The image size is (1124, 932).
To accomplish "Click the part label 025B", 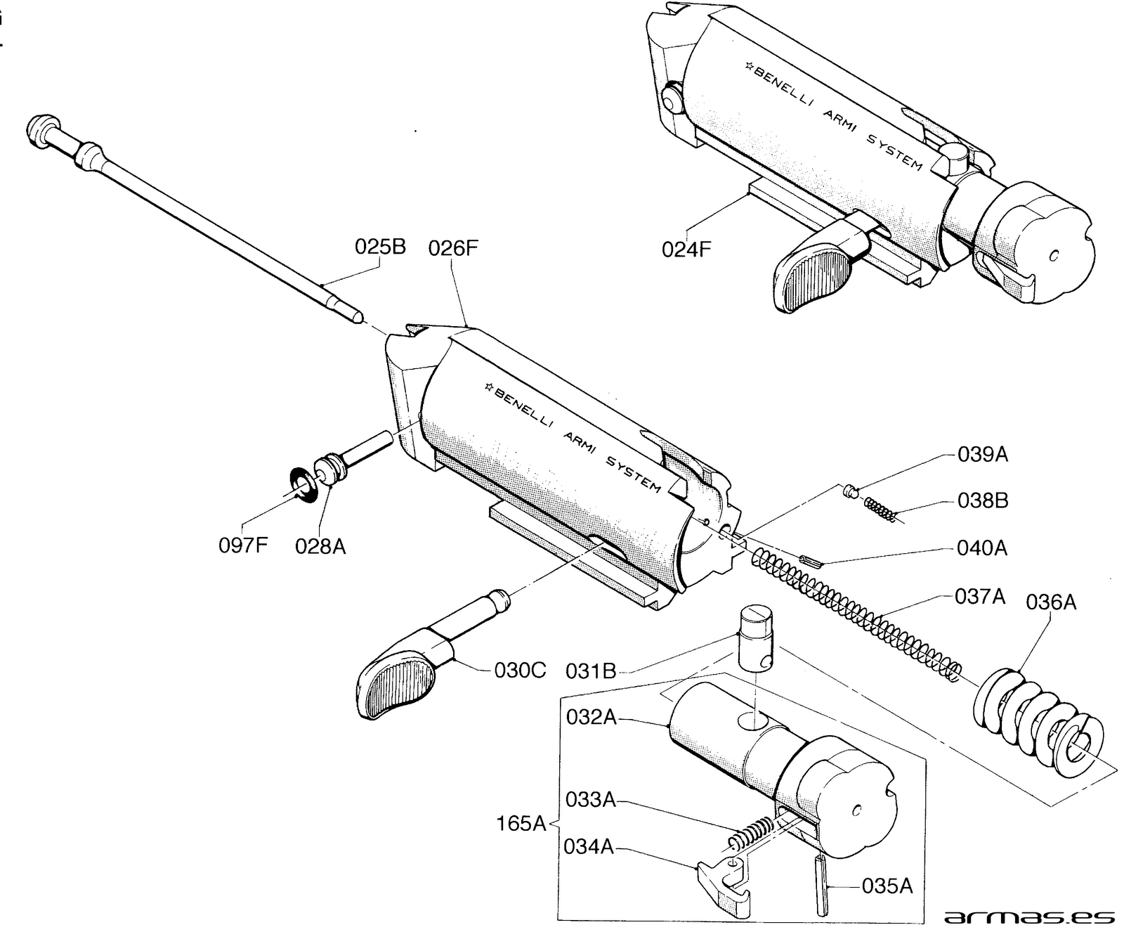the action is (x=380, y=247).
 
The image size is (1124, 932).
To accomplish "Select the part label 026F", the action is (x=453, y=247).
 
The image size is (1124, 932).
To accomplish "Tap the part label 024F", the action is (x=686, y=249).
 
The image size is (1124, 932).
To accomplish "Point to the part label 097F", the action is (x=243, y=545).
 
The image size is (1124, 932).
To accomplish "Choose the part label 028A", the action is (x=320, y=546).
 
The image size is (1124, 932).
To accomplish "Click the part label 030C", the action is (x=520, y=670).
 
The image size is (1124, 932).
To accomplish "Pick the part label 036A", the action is (x=1051, y=602).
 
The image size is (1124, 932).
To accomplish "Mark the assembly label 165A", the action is (x=521, y=823).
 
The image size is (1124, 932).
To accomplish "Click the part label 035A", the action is (x=887, y=886).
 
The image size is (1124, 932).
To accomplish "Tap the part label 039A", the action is (x=983, y=455).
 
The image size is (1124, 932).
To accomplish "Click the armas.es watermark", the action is (x=1028, y=917).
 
